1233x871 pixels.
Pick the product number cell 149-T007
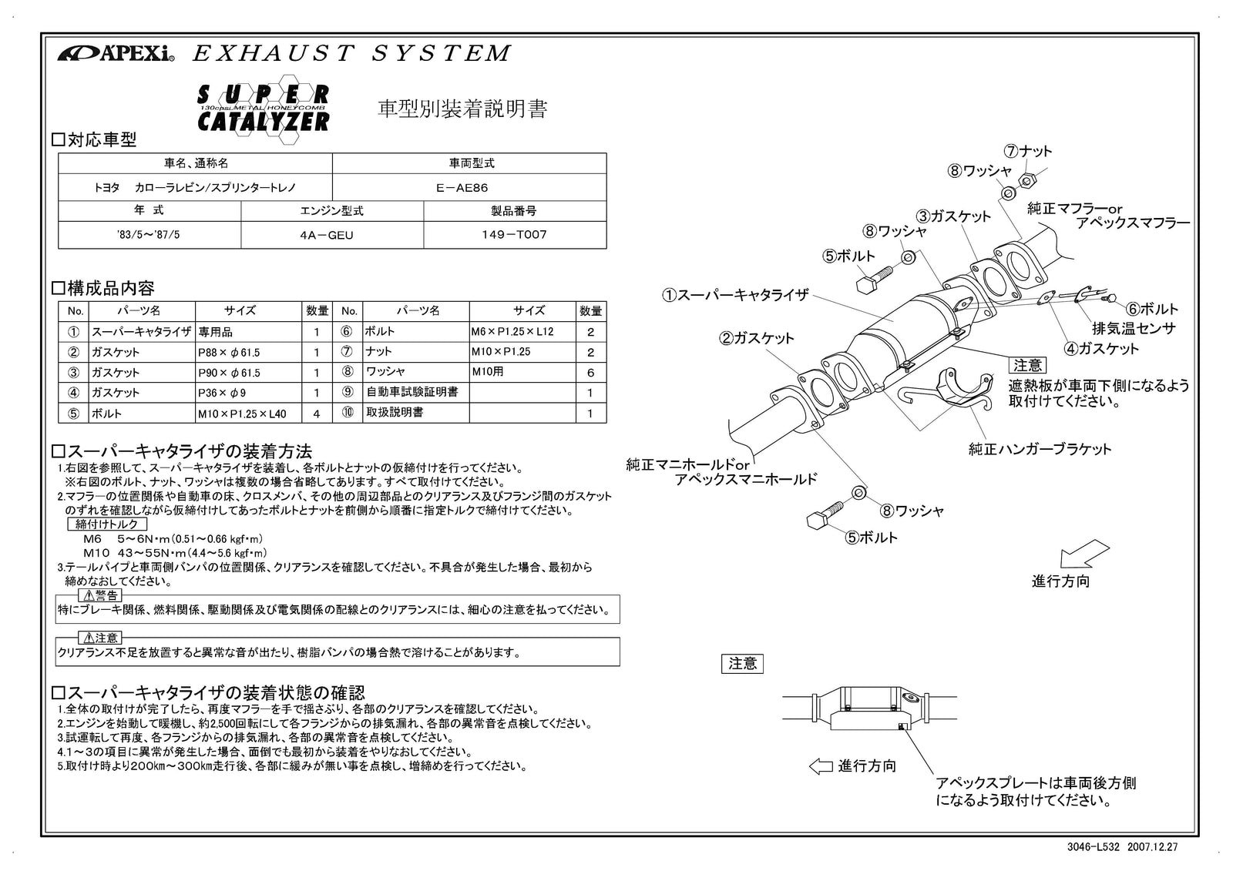[514, 235]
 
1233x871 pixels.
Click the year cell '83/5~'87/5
[149, 235]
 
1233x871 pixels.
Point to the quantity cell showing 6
[590, 372]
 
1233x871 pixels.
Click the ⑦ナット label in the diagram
[1027, 152]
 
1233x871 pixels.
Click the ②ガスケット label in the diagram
[757, 337]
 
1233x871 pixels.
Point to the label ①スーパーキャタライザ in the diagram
[735, 294]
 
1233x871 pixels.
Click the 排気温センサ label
[1134, 328]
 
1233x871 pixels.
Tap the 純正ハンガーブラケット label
[1040, 448]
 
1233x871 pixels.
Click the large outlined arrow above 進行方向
[1084, 555]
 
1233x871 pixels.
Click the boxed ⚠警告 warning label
[99, 595]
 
